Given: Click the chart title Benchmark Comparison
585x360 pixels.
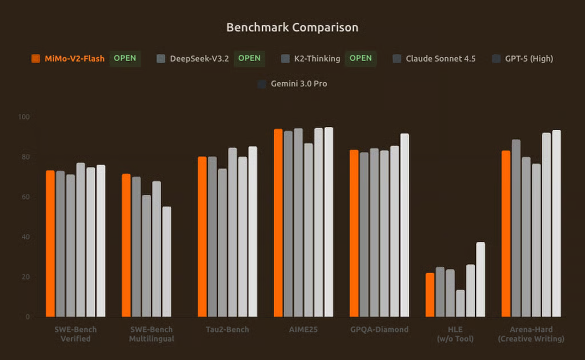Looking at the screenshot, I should pyautogui.click(x=292, y=27).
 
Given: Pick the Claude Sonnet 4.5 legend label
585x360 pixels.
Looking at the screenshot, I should pyautogui.click(x=440, y=58).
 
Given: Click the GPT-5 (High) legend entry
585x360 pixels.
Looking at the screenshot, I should pyautogui.click(x=528, y=58).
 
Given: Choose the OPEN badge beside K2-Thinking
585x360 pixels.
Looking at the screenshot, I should pyautogui.click(x=360, y=58).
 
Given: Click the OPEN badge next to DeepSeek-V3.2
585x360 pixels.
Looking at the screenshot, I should pyautogui.click(x=249, y=58).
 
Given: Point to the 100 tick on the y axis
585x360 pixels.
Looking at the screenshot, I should pyautogui.click(x=23, y=117).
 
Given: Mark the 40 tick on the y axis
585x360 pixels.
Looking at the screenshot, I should pyautogui.click(x=25, y=237).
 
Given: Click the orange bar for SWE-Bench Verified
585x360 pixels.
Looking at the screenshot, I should pyautogui.click(x=50, y=243).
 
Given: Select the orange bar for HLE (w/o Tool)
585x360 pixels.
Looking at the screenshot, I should pyautogui.click(x=430, y=295).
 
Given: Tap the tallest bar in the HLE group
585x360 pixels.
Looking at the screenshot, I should pyautogui.click(x=480, y=279).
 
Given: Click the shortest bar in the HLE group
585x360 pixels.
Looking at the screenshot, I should pyautogui.click(x=460, y=303).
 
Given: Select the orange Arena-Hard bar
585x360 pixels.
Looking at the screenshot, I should pyautogui.click(x=506, y=234).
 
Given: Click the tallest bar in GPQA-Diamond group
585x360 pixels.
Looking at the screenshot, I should pyautogui.click(x=404, y=225).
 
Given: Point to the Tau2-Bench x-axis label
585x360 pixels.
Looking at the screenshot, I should pyautogui.click(x=227, y=330).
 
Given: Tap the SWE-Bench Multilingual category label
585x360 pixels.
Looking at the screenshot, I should pyautogui.click(x=151, y=334).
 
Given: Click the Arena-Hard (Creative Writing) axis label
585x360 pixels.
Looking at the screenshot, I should pyautogui.click(x=531, y=334).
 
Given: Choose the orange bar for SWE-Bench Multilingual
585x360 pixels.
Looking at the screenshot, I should pyautogui.click(x=126, y=245).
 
